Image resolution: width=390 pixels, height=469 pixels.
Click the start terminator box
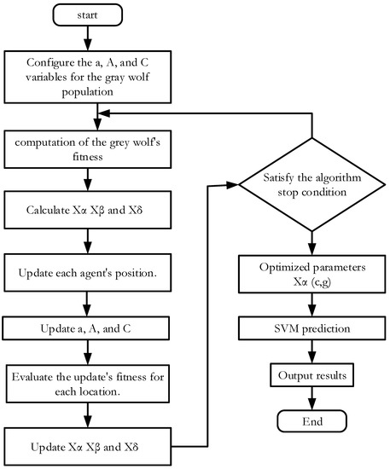(x=87, y=15)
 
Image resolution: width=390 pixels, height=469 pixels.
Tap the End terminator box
(x=311, y=421)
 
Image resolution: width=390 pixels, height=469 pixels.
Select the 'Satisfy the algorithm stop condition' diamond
(x=311, y=184)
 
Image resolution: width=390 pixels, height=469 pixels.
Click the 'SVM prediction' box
(x=311, y=328)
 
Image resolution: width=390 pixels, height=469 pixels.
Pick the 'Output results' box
(x=311, y=375)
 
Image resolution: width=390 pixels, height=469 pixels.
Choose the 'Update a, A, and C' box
(x=86, y=328)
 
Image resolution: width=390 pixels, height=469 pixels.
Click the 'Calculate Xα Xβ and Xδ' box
(x=88, y=210)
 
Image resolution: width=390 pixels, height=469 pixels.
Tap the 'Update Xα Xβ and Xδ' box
(x=88, y=447)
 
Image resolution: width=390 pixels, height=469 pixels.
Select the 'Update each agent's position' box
(x=88, y=273)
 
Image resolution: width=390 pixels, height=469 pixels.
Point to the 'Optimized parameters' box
(x=311, y=274)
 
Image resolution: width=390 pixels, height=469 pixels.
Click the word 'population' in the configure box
(x=88, y=91)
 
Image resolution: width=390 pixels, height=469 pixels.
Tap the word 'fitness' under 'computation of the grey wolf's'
(x=88, y=156)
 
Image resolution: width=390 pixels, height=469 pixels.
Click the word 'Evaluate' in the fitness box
(x=32, y=377)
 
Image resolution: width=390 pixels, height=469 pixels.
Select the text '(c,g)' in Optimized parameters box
(x=321, y=282)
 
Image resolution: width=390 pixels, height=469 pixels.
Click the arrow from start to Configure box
(x=88, y=38)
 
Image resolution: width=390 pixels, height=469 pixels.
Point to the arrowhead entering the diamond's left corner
(x=233, y=185)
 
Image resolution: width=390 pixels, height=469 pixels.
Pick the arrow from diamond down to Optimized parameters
(x=311, y=243)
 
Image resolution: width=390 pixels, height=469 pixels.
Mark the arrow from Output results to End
(x=311, y=398)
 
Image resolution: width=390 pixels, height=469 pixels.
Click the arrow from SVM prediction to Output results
(x=311, y=351)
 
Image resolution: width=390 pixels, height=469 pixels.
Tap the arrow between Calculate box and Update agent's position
(x=88, y=241)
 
